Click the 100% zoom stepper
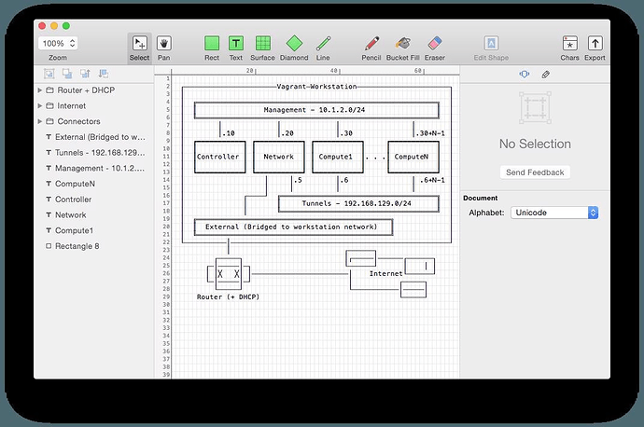click(x=58, y=43)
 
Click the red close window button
click(x=42, y=26)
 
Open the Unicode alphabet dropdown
click(x=554, y=213)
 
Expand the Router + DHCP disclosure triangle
click(x=40, y=90)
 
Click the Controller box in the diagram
click(x=219, y=158)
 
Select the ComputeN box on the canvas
click(x=413, y=158)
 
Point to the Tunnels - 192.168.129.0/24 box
click(x=358, y=204)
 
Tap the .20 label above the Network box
click(x=287, y=133)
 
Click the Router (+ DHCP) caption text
click(x=228, y=297)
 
